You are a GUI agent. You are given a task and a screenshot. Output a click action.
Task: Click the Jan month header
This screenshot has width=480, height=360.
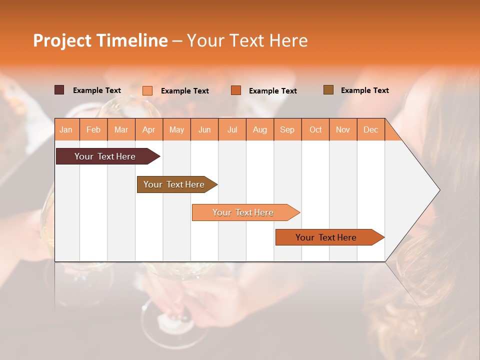pos(66,129)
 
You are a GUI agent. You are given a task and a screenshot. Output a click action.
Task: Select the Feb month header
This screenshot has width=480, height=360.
pos(93,129)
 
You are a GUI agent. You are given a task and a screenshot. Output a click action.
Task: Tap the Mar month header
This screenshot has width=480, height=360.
pos(121,129)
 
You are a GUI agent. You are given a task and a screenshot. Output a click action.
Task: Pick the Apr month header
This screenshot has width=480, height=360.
pos(149,129)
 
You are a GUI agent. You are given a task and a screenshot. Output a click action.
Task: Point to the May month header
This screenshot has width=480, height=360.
pos(176,129)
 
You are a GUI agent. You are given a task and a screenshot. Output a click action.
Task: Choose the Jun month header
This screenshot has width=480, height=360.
pos(204,129)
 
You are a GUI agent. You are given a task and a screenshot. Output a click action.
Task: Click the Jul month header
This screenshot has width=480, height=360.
pos(232,129)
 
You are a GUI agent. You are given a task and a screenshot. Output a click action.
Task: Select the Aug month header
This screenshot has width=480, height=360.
pos(260,129)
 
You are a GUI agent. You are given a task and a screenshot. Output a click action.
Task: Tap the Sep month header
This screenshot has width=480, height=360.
pos(287,129)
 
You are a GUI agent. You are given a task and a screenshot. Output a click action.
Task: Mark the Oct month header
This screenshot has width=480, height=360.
pos(315,129)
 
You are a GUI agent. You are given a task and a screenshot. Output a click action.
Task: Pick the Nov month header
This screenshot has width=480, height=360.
pos(343,129)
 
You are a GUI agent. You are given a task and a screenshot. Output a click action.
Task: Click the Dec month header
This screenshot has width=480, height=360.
pos(371,129)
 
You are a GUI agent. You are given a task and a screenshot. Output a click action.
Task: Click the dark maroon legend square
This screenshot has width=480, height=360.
pos(59,90)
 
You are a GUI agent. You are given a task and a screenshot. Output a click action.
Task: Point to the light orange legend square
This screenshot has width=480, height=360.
pos(147,90)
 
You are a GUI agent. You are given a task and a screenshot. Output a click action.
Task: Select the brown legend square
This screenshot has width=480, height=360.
pos(328,90)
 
